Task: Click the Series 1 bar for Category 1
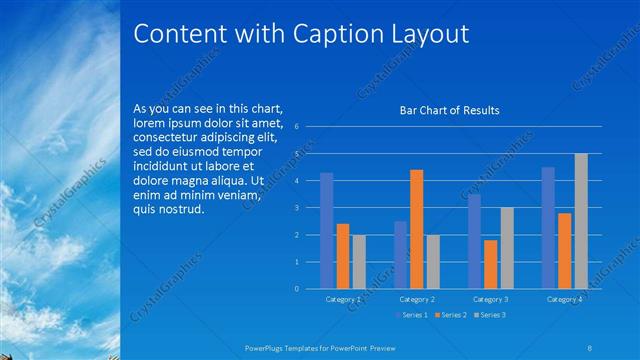coord(326,231)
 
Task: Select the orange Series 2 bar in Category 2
coord(416,229)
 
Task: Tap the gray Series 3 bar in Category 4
coord(581,221)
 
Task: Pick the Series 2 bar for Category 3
coord(490,264)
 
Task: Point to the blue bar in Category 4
coord(548,228)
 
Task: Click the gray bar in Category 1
coord(359,262)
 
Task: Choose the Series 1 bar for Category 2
coord(400,255)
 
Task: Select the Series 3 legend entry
coord(490,315)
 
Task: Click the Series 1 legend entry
coord(410,315)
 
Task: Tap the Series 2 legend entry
coord(450,315)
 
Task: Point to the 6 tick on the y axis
coord(296,127)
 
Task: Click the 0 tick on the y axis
coord(296,289)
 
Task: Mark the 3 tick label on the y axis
coord(296,208)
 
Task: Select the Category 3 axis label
coord(491,299)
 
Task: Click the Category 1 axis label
coord(343,299)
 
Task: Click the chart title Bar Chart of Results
coord(449,110)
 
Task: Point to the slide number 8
coord(589,346)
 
